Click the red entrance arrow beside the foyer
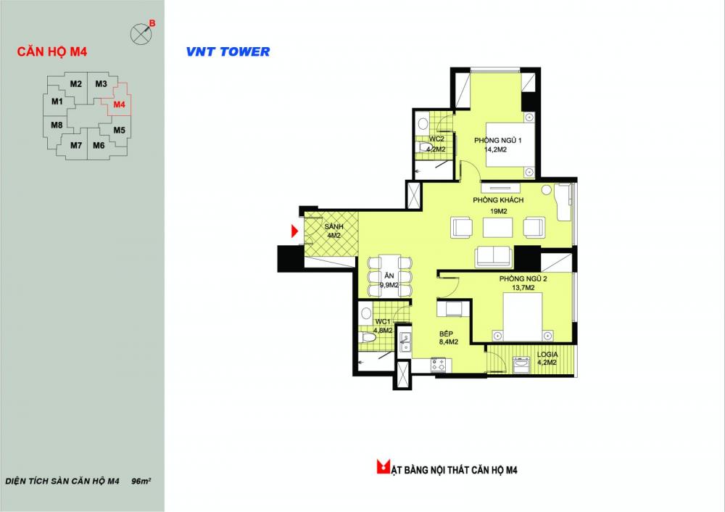pos(294,231)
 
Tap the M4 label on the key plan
pos(120,104)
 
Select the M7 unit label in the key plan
pos(76,145)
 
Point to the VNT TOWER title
pos(228,51)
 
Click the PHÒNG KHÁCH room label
pos(498,200)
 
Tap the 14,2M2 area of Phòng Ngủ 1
pos(495,149)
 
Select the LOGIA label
pos(547,355)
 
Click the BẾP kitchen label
pos(446,334)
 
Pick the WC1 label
pos(383,321)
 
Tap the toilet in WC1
pos(368,336)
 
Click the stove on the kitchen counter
pos(438,365)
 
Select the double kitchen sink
pos(405,342)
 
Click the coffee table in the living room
pos(497,227)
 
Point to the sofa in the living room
pos(493,256)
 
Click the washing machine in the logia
pos(521,363)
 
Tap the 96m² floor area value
pos(141,481)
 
